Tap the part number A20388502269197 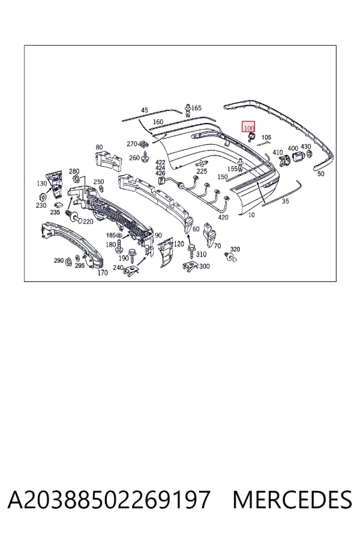(109, 500)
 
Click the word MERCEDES (292, 500)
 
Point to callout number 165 (196, 108)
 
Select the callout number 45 (145, 110)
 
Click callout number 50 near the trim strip (321, 173)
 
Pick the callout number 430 (305, 147)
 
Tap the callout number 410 (277, 152)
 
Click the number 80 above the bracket (99, 147)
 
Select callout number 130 (41, 183)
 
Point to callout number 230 (41, 205)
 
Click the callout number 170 (103, 273)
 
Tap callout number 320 (235, 250)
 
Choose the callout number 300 (204, 266)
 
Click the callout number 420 (223, 217)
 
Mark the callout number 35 (285, 201)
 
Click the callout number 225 (202, 171)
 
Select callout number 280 (74, 171)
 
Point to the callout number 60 (196, 229)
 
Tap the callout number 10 (251, 215)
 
